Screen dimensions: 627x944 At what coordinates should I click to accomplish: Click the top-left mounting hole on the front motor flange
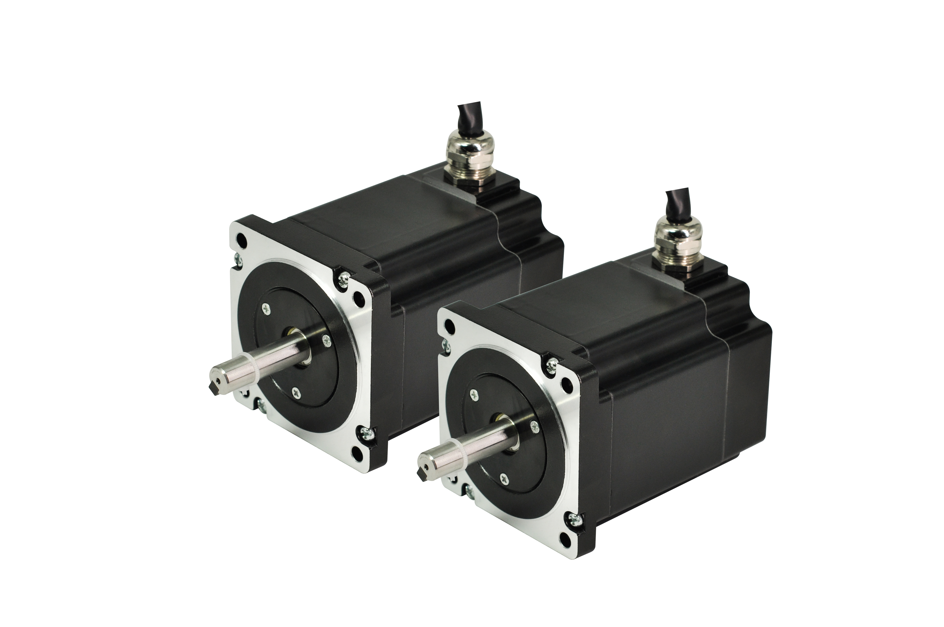click(x=449, y=328)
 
